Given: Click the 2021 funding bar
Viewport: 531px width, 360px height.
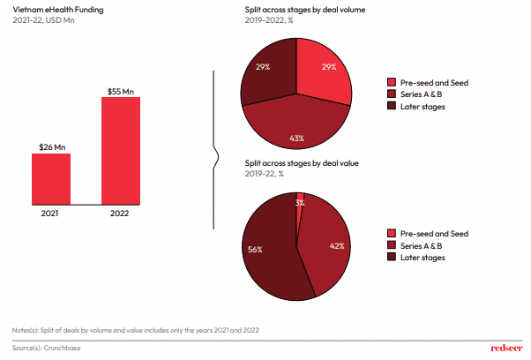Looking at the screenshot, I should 51,180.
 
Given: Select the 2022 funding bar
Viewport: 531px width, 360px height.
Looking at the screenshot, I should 120,151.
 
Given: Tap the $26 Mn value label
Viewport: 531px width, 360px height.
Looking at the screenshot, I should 52,147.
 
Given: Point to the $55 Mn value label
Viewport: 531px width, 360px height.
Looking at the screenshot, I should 120,90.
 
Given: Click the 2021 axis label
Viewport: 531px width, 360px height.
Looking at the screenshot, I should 51,213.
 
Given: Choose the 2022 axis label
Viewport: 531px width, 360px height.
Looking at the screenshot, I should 120,213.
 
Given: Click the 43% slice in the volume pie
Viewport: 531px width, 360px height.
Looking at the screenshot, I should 295,128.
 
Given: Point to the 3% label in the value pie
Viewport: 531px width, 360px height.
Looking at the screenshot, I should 300,203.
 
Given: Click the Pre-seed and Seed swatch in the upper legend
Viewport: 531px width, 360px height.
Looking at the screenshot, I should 392,82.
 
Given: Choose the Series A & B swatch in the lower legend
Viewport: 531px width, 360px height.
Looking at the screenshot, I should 392,245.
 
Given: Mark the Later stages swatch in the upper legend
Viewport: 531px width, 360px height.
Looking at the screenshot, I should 392,106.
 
